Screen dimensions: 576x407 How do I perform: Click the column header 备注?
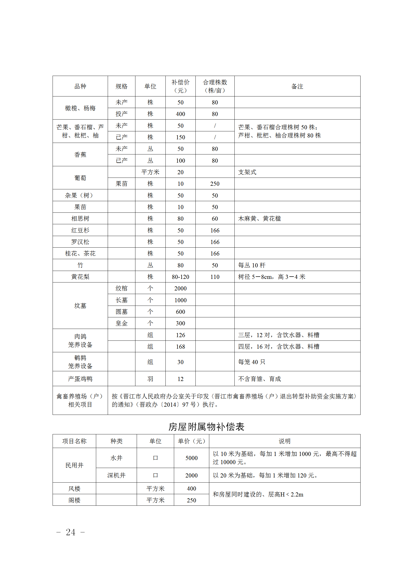(297, 86)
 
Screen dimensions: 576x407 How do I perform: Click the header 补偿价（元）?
(180, 86)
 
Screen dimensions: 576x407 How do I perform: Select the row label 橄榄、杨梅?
(80, 108)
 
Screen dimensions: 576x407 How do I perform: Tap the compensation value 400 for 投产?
(180, 114)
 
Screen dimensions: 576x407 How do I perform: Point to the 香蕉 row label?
(80, 155)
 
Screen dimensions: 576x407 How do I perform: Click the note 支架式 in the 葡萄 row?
(247, 172)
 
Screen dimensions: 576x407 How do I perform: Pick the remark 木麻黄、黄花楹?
(259, 219)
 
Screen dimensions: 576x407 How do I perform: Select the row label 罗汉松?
(80, 242)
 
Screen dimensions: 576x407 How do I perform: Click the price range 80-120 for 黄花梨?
(180, 277)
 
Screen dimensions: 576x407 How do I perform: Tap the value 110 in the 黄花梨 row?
(215, 277)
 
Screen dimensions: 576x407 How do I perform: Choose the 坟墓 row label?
(80, 306)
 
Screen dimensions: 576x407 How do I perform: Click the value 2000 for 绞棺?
(180, 288)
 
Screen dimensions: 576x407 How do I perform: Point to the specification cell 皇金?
(121, 323)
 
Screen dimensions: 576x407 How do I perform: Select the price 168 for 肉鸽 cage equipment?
(180, 347)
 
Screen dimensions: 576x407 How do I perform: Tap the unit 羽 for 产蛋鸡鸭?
(150, 379)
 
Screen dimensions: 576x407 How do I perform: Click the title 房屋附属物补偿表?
(206, 427)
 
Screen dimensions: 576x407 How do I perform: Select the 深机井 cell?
(116, 475)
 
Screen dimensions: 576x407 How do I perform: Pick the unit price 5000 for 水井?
(191, 458)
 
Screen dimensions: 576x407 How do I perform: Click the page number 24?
(71, 532)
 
